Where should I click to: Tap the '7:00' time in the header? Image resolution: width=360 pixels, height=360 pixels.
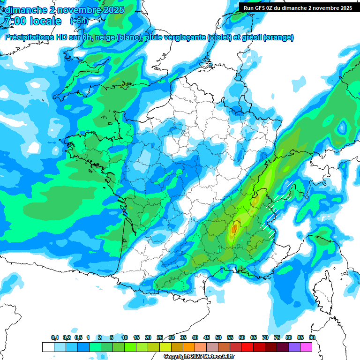click(14, 21)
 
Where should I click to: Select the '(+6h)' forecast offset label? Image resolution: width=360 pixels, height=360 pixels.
click(78, 21)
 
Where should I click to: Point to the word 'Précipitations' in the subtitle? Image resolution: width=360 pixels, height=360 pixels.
click(29, 37)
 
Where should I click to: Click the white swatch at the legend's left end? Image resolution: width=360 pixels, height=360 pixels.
click(48, 347)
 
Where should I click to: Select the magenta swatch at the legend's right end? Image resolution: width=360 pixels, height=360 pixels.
click(306, 347)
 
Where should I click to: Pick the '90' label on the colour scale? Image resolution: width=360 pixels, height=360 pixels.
click(312, 337)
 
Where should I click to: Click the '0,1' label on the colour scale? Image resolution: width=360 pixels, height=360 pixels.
click(55, 337)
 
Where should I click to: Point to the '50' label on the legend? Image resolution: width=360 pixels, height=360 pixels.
click(218, 337)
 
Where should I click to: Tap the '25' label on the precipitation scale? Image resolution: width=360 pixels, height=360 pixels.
click(160, 337)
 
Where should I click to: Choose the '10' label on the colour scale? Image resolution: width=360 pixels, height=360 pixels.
click(125, 337)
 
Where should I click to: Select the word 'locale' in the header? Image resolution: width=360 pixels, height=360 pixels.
click(45, 21)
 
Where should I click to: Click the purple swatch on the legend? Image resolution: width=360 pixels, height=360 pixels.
click(294, 347)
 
